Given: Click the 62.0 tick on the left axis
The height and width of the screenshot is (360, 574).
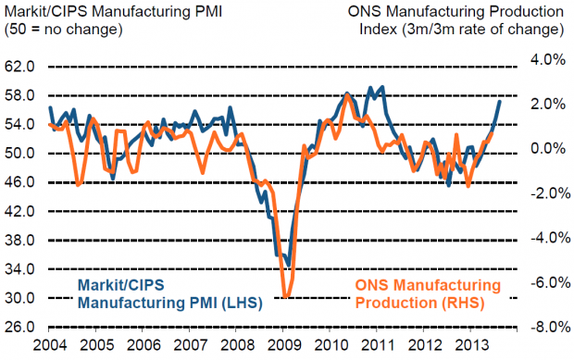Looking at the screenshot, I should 20,68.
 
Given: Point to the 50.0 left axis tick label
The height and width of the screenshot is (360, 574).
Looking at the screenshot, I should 20,153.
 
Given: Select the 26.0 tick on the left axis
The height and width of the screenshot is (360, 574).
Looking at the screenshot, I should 20,327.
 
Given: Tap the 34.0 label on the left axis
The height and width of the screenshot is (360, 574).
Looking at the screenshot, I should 20,269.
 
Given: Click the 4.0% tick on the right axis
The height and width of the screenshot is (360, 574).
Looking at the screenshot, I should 547,59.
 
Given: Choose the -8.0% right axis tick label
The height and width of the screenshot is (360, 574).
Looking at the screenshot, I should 545,327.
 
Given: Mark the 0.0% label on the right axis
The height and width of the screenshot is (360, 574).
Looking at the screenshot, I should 547,148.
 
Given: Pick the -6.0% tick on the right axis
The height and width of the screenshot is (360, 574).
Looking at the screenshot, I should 545,282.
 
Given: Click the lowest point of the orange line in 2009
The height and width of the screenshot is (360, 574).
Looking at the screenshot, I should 286,297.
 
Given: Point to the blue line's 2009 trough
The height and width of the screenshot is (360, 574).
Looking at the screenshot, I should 288,266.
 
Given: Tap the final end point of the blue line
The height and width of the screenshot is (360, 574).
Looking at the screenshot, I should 501,101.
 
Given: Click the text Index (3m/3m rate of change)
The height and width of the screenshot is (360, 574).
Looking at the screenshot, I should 462,29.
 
